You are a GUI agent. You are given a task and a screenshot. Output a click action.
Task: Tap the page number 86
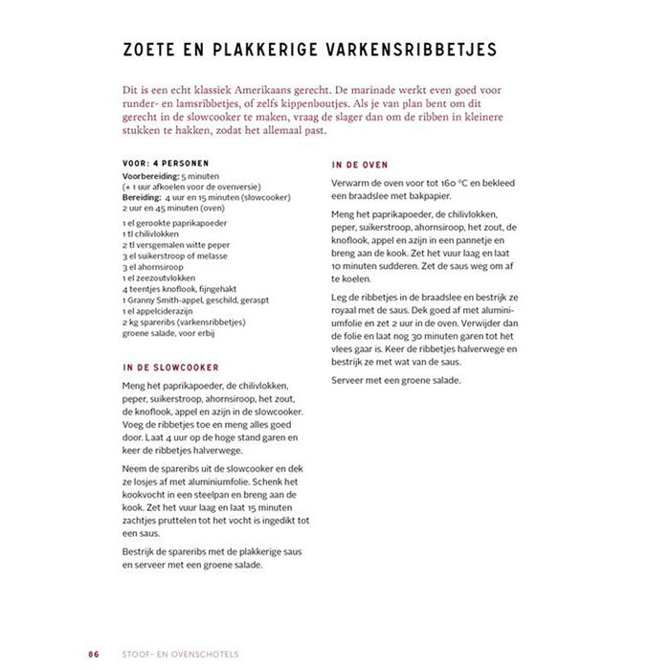[x=94, y=628]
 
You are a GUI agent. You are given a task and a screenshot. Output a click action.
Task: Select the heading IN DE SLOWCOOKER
[x=171, y=367]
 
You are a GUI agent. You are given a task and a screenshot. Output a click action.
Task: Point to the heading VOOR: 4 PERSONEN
[x=166, y=163]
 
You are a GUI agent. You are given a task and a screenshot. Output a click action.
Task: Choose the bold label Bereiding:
[x=143, y=197]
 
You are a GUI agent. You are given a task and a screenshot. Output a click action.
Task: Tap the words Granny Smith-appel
[x=166, y=301]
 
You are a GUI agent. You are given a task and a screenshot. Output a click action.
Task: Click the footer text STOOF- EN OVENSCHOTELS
[x=187, y=628]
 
